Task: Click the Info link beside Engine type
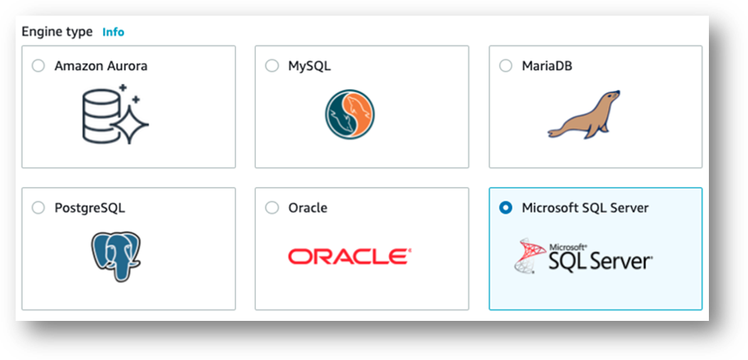click(x=113, y=32)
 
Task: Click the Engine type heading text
click(x=57, y=32)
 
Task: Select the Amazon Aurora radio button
click(x=38, y=65)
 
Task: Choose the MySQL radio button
click(x=272, y=65)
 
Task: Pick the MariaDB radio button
click(x=506, y=65)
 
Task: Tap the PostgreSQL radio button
click(x=38, y=208)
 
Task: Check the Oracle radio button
click(x=272, y=208)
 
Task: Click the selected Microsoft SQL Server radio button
click(x=506, y=208)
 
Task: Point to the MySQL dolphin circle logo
click(x=350, y=114)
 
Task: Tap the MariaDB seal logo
click(x=584, y=114)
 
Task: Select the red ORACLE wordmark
click(x=350, y=256)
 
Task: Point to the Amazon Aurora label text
click(x=101, y=66)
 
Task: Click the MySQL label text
click(x=309, y=66)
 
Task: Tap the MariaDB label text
click(x=547, y=66)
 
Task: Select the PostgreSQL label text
click(x=90, y=208)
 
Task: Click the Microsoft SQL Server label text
click(x=585, y=208)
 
